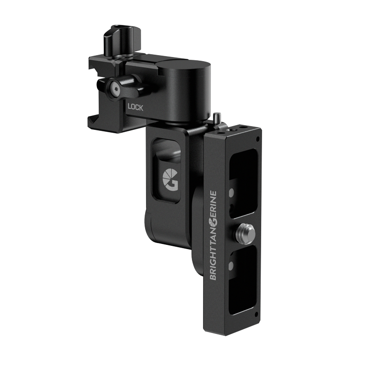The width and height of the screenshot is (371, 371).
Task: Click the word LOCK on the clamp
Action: coord(137,106)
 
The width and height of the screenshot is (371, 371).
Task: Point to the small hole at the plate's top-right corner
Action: coord(258,139)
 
